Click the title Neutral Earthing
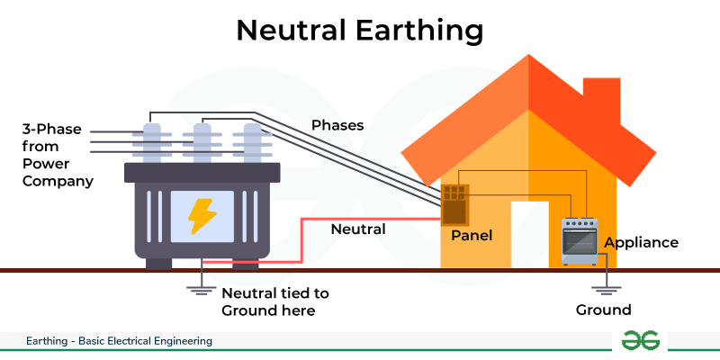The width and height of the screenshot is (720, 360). pyautogui.click(x=359, y=31)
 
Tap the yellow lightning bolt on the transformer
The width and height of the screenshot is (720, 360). pyautogui.click(x=202, y=216)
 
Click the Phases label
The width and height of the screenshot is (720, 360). pyautogui.click(x=337, y=125)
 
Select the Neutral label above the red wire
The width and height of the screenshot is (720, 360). pyautogui.click(x=358, y=229)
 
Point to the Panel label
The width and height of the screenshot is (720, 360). pyautogui.click(x=472, y=236)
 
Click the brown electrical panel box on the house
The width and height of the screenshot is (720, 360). pyautogui.click(x=455, y=205)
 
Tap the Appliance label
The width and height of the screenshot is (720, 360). pyautogui.click(x=641, y=242)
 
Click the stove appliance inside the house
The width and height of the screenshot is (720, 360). pyautogui.click(x=580, y=241)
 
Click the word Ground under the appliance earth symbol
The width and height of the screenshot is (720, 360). pyautogui.click(x=603, y=310)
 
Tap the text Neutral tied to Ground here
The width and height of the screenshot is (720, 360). pyautogui.click(x=275, y=301)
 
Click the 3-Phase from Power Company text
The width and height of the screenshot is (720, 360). pyautogui.click(x=58, y=155)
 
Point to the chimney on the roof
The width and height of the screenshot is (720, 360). pyautogui.click(x=601, y=100)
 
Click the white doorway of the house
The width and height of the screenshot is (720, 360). pyautogui.click(x=530, y=235)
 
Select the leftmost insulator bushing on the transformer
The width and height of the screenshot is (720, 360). pyautogui.click(x=152, y=143)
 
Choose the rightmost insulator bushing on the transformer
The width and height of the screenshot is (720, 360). pyautogui.click(x=252, y=143)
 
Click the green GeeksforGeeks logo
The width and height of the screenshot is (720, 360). pyautogui.click(x=640, y=341)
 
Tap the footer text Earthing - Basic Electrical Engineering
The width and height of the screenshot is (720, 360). pyautogui.click(x=119, y=341)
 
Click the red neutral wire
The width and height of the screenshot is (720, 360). pyautogui.click(x=301, y=240)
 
